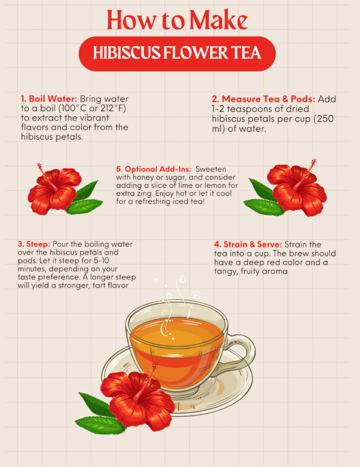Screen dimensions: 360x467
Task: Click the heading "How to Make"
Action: pyautogui.click(x=177, y=20)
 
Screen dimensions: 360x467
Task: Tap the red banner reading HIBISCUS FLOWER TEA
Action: pyautogui.click(x=177, y=54)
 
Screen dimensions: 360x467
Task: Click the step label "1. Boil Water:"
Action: pyautogui.click(x=49, y=98)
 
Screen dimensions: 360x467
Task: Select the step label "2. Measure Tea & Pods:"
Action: pyautogui.click(x=264, y=99)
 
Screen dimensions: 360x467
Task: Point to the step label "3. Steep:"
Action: pyautogui.click(x=34, y=244)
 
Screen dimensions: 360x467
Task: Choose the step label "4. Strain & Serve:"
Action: pyautogui.click(x=248, y=245)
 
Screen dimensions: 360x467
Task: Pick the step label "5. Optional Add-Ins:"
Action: pyautogui.click(x=154, y=169)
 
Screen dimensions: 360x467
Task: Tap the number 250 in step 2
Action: pyautogui.click(x=325, y=118)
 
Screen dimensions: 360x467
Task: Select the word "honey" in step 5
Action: pyautogui.click(x=143, y=178)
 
